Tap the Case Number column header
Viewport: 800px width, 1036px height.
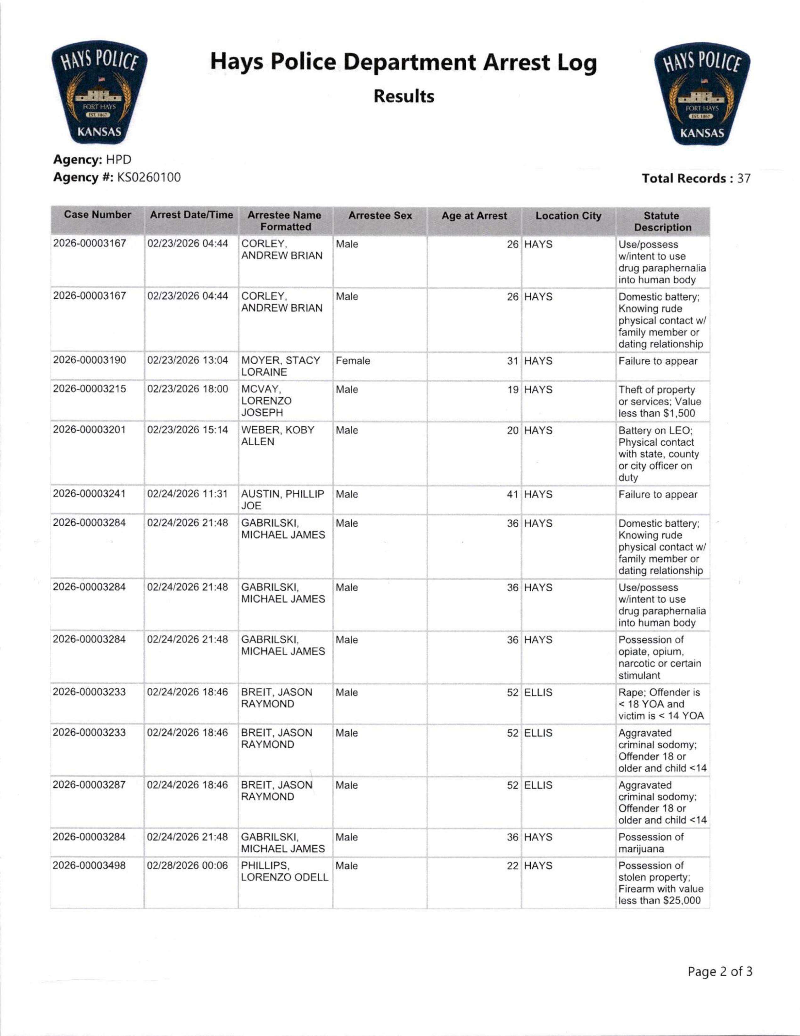(97, 215)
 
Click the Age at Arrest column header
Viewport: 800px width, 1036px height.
(474, 216)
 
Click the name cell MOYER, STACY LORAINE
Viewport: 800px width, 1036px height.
(281, 366)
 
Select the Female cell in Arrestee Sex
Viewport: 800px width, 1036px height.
(353, 361)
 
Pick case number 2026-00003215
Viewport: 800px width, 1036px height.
(90, 389)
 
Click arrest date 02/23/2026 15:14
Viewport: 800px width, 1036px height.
(188, 430)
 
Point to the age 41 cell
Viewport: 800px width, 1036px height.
(512, 494)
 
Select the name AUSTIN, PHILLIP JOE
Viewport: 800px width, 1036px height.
(282, 500)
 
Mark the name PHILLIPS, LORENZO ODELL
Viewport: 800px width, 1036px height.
(284, 871)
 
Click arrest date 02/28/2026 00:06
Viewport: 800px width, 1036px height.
(188, 866)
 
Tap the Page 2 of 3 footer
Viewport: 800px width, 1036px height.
(720, 972)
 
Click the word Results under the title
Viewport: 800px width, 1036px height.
(403, 96)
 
